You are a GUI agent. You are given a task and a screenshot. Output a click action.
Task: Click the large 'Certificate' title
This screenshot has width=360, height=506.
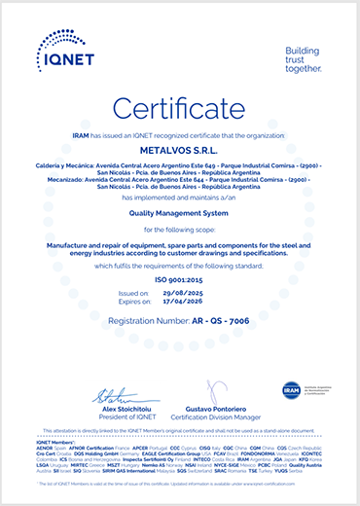coord(180,105)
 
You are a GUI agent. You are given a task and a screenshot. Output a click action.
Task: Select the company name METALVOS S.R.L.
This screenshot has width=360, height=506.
coord(180,149)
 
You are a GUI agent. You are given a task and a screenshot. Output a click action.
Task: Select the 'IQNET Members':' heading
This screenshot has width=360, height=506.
coord(49,442)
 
